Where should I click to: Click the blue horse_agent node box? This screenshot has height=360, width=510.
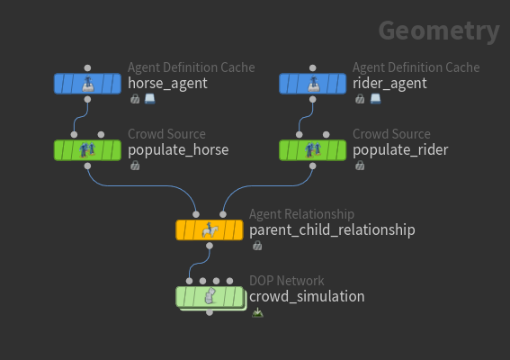pos(87,84)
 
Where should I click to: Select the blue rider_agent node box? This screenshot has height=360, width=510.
pos(313,84)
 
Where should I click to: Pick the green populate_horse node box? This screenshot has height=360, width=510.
pos(87,150)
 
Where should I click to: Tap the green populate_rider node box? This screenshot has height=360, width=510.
pos(313,150)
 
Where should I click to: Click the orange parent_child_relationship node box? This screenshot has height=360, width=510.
pos(210,230)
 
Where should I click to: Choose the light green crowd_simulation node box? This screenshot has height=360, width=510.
pos(210,297)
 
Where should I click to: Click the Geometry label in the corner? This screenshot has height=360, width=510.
pos(439,31)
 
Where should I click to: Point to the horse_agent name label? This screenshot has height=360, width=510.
pos(167,84)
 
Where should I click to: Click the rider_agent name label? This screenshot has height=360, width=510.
pos(389,84)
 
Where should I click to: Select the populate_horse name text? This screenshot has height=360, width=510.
pos(178,150)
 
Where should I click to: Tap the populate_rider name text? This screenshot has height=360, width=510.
pos(400,150)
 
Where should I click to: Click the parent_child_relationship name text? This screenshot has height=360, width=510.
pos(332,230)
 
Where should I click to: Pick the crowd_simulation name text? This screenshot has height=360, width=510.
pos(307,296)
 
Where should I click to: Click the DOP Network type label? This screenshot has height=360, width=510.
pos(287,281)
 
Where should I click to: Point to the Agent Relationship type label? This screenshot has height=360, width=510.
pos(301,214)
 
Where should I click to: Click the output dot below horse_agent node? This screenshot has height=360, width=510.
pos(87,100)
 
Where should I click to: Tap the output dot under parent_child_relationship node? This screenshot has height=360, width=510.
pos(210,246)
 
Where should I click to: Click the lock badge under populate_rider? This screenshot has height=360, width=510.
pos(360,166)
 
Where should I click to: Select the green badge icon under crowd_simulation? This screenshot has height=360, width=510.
pos(257,313)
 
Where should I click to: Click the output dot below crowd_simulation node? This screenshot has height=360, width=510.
pos(210,312)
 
